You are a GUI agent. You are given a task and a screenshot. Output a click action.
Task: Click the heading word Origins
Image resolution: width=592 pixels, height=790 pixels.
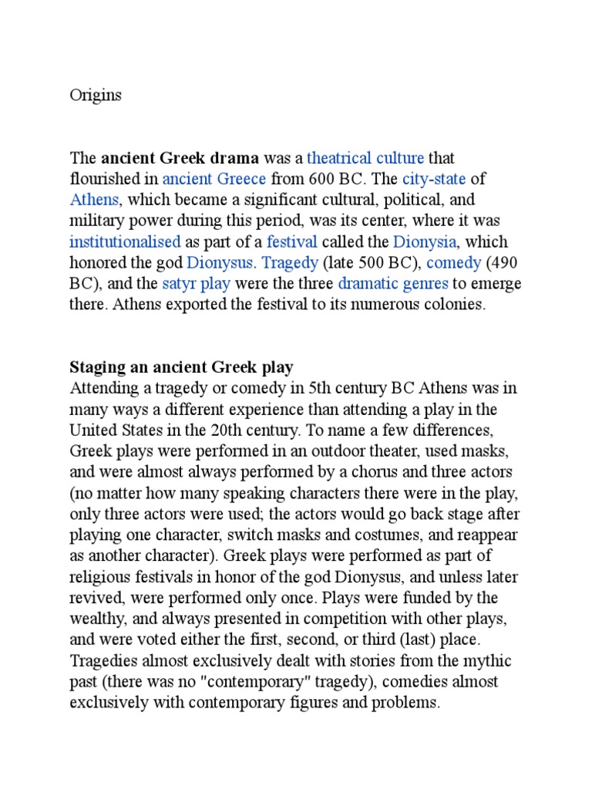[x=96, y=96]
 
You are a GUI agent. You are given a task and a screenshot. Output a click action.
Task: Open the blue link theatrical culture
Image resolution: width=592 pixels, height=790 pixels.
[x=365, y=159]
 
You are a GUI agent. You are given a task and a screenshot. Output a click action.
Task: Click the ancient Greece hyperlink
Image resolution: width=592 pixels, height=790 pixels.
[x=214, y=180]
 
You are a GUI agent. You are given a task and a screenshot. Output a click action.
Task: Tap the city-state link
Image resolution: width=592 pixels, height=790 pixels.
[x=434, y=180]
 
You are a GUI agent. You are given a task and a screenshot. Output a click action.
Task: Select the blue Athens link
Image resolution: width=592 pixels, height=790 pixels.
[x=94, y=201]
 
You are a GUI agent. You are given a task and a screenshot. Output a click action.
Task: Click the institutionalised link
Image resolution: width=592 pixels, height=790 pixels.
[x=125, y=242]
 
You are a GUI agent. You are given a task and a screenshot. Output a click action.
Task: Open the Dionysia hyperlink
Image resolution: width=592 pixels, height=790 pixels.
[x=423, y=242]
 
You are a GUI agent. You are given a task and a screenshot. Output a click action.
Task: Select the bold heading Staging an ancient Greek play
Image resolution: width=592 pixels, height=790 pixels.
[x=182, y=366]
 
